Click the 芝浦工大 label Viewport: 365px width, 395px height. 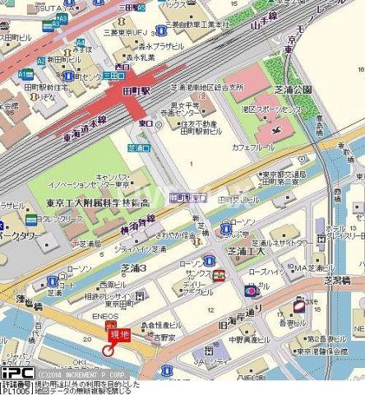247,252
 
